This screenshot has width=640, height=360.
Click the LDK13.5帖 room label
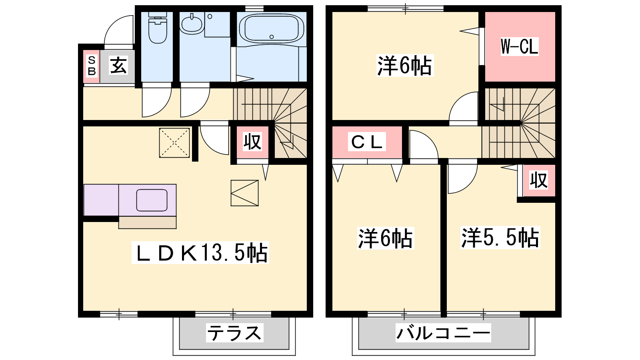tap(200, 252)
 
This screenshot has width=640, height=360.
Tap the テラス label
tap(234, 333)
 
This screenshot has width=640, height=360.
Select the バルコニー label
tap(443, 333)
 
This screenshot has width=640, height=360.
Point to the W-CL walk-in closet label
tap(520, 46)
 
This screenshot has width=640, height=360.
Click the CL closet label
tap(367, 142)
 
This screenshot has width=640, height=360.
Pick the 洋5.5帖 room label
tap(500, 238)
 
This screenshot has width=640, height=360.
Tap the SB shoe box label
tap(92, 66)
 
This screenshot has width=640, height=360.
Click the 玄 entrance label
tap(118, 66)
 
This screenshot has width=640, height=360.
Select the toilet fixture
tap(158, 28)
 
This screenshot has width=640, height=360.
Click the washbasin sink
tap(192, 23)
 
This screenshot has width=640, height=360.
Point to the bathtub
tap(272, 28)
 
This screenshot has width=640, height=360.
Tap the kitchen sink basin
tap(152, 200)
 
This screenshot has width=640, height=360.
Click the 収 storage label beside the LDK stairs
tap(252, 142)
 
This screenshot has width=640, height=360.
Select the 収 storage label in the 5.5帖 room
tap(539, 180)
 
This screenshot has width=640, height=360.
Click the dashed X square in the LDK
tap(174, 143)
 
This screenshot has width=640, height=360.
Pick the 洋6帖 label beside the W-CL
tap(405, 66)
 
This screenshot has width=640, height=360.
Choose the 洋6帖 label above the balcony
tap(386, 238)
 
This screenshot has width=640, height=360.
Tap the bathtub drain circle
tap(272, 37)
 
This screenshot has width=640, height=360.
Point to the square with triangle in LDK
tap(244, 193)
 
